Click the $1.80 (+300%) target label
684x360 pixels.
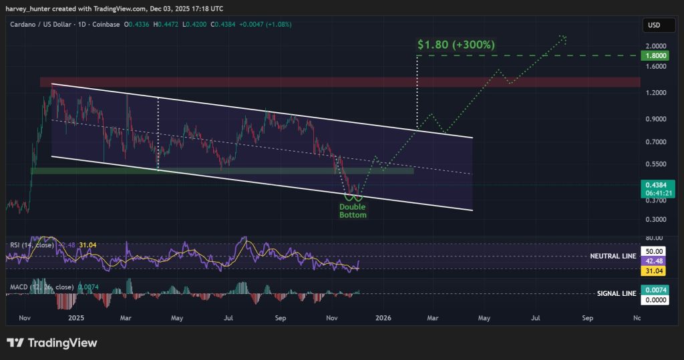pos(456,45)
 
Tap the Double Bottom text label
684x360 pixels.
pos(353,211)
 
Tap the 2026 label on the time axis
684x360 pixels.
pos(382,319)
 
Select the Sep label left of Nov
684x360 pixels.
pos(281,319)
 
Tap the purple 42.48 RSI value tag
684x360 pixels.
pos(651,261)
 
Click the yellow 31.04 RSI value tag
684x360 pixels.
pos(651,272)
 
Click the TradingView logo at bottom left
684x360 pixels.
pos(52,343)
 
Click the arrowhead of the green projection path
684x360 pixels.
pos(564,37)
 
